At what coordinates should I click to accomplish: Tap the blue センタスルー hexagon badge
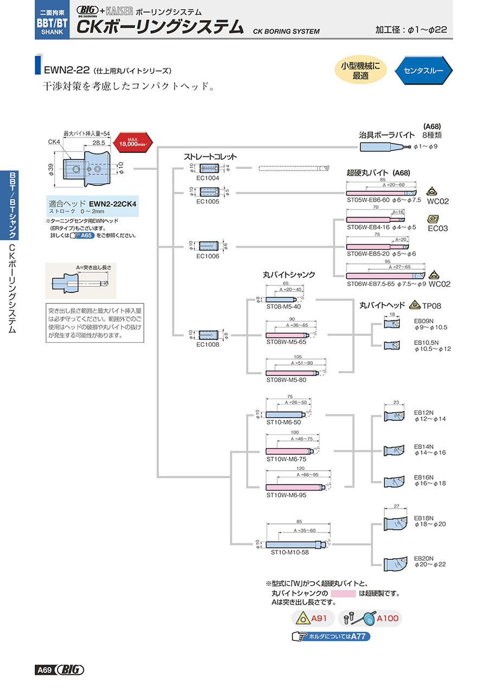point(423,70)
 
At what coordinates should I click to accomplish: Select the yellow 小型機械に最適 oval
point(361,70)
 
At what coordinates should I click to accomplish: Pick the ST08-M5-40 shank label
point(281,307)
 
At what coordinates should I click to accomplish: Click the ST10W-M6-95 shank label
point(286,495)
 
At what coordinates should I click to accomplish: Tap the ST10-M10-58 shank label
point(290,553)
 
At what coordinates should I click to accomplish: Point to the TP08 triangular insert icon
point(415,304)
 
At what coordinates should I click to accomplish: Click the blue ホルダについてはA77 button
point(331,637)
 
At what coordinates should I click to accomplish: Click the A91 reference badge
point(311,618)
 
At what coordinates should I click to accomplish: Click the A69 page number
point(44,671)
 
